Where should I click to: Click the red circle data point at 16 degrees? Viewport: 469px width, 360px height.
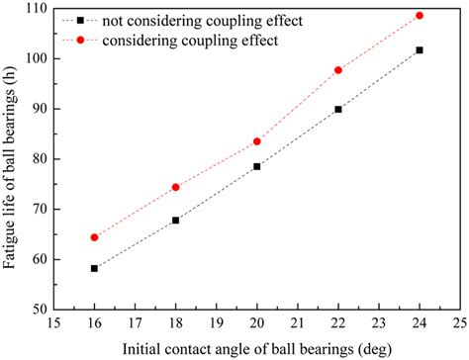(95, 237)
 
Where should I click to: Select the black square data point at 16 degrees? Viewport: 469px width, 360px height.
(95, 268)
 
